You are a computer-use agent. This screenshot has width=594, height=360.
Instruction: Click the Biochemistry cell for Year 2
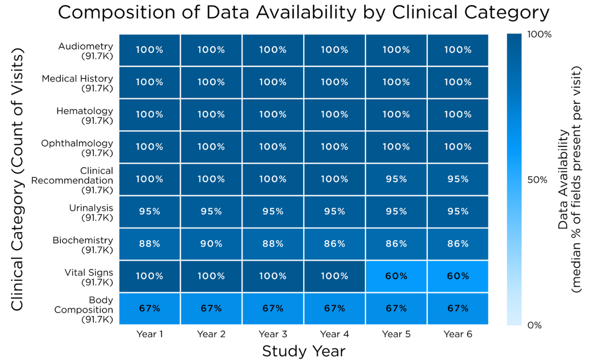(211, 244)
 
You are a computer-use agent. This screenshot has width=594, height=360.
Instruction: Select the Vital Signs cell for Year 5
(396, 276)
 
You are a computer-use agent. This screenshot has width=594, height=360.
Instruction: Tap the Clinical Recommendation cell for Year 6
(458, 179)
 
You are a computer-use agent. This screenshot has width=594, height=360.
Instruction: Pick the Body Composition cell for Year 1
(149, 309)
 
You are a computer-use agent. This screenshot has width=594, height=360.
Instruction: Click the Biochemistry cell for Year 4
(335, 244)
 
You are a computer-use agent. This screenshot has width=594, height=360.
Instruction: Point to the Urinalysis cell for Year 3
(273, 211)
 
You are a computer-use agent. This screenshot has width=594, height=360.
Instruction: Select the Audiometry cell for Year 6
(458, 50)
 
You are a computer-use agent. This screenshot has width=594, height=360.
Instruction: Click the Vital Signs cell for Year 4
(335, 276)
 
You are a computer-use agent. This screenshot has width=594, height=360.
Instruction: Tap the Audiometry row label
(86, 50)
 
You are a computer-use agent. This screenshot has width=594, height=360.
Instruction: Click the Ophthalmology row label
(77, 148)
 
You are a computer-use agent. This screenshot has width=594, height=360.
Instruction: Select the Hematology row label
(85, 115)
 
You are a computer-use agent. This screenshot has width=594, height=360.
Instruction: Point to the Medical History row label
(77, 83)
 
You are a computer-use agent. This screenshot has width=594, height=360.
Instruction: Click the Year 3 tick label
(273, 334)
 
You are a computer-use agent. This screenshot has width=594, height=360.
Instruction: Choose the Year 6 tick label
(458, 334)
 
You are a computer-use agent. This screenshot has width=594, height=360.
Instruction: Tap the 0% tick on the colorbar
(535, 326)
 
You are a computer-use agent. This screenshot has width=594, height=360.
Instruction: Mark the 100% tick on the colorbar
(539, 35)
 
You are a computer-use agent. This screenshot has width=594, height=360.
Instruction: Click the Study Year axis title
(304, 351)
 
